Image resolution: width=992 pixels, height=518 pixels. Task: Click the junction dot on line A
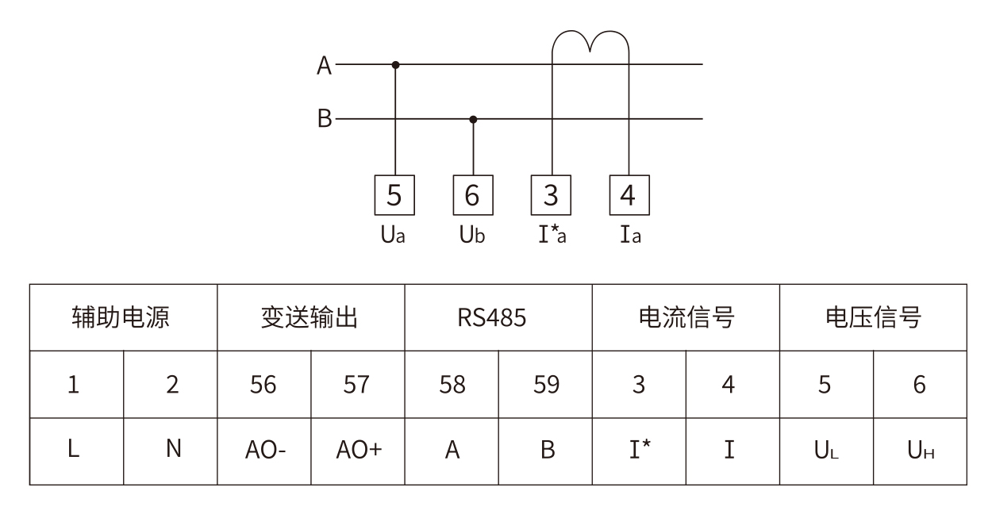[x=395, y=65]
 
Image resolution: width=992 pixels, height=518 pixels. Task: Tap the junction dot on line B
[x=473, y=119]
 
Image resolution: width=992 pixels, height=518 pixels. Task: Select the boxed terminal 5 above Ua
[x=394, y=195]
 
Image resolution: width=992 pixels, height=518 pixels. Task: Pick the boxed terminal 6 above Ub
[x=473, y=195]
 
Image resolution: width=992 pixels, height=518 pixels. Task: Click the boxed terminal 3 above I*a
[x=551, y=195]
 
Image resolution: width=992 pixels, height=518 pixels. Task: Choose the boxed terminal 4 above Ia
[x=629, y=195]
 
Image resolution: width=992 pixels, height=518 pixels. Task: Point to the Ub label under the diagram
[x=472, y=235]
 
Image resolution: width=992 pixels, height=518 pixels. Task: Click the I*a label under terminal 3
[x=552, y=234]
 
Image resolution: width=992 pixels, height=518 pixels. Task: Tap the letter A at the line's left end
[x=324, y=66]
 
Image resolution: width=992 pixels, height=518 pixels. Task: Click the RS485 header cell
[x=498, y=317]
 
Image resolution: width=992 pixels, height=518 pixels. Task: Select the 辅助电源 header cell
[x=124, y=317]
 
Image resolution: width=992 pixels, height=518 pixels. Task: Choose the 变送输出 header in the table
[x=311, y=317]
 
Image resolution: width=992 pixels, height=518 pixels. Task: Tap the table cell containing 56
[x=264, y=384]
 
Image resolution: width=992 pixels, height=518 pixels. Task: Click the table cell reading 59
[x=545, y=384]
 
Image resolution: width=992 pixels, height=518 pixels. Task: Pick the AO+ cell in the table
[x=358, y=451]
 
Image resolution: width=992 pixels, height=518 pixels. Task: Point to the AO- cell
[x=264, y=451]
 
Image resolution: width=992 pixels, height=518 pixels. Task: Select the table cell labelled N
[x=171, y=451]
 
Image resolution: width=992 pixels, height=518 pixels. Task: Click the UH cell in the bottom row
[x=921, y=451]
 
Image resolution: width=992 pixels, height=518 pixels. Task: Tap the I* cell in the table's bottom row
[x=639, y=451]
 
